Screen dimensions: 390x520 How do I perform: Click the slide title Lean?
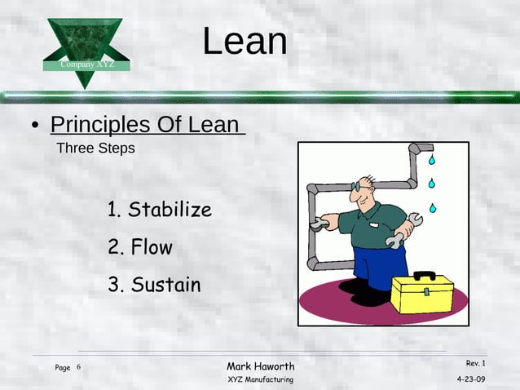coord(245,42)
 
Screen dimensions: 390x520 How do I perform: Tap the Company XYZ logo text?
coord(86,64)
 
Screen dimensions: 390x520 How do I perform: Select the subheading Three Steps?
coord(95,149)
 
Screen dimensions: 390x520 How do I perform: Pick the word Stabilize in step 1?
coord(170,210)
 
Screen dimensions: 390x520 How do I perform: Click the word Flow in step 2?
coord(152,247)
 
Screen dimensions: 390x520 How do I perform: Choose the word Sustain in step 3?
coord(165,285)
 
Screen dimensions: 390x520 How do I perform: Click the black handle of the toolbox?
coord(424,276)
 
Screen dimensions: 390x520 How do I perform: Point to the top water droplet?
coord(432,160)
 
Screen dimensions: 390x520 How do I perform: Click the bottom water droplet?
coord(433,208)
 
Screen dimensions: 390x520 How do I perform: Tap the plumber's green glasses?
coord(359,187)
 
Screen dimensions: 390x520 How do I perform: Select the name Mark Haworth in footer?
coord(261,366)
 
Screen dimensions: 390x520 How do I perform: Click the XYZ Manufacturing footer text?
coord(261,380)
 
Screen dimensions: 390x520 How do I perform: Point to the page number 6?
coord(79,368)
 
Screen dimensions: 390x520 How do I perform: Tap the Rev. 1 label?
coord(475,363)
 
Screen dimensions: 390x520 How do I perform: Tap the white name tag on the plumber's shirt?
coord(374,219)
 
